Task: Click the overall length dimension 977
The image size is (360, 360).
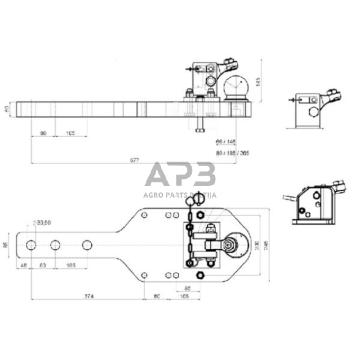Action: tap(134, 160)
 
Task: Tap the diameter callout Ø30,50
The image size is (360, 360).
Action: tap(43, 222)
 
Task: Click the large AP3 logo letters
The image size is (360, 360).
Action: tap(180, 175)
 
